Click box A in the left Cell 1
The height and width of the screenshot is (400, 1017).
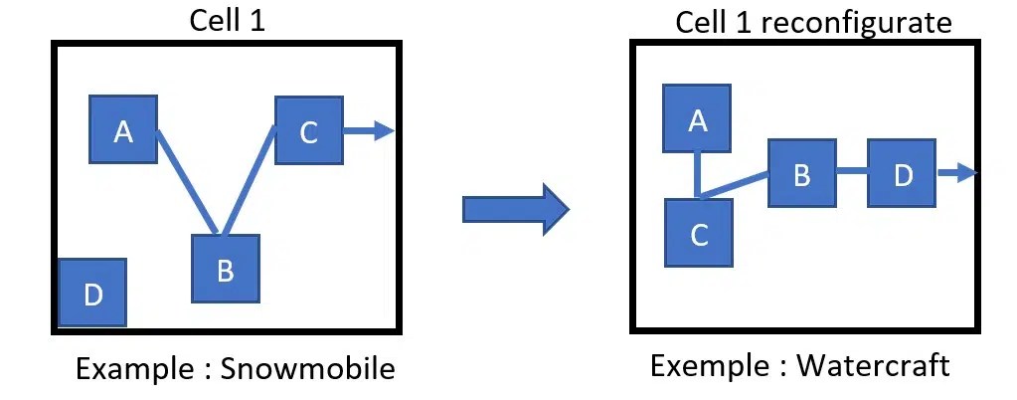(x=123, y=129)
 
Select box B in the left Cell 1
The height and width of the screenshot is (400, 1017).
(x=225, y=269)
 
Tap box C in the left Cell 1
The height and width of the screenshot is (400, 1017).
(x=308, y=130)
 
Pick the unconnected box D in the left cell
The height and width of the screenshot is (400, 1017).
(x=92, y=293)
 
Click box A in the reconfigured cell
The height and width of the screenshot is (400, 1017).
(x=698, y=118)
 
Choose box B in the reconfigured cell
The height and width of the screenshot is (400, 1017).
(x=801, y=173)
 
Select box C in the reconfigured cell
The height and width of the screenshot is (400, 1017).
(x=699, y=233)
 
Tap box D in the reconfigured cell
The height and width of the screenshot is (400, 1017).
(x=902, y=173)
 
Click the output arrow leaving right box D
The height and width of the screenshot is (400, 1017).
(x=956, y=173)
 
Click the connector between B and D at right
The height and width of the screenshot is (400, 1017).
(x=851, y=173)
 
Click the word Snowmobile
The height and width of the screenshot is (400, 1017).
(x=307, y=369)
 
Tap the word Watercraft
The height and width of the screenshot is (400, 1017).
(x=873, y=365)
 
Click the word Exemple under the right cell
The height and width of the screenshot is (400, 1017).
(x=709, y=365)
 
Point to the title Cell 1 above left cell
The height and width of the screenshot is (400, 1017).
(x=228, y=21)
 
